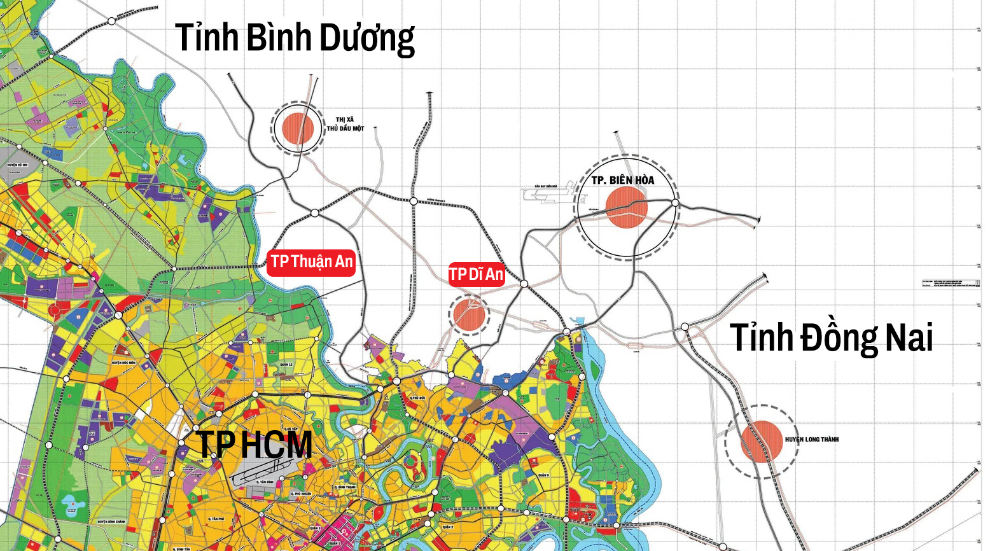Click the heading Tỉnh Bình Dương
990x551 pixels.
[295, 38]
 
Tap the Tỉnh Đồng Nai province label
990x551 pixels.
[831, 337]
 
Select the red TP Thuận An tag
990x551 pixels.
[311, 262]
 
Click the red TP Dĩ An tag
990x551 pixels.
[477, 275]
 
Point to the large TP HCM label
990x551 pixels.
[254, 444]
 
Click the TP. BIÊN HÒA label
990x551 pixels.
[622, 180]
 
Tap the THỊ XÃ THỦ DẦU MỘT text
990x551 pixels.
[345, 124]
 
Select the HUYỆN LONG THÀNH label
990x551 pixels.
[812, 440]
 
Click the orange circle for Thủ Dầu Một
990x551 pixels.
[298, 128]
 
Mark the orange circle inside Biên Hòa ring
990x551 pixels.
[626, 207]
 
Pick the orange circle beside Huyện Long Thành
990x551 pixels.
[761, 441]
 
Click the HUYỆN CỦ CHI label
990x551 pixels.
[18, 165]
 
